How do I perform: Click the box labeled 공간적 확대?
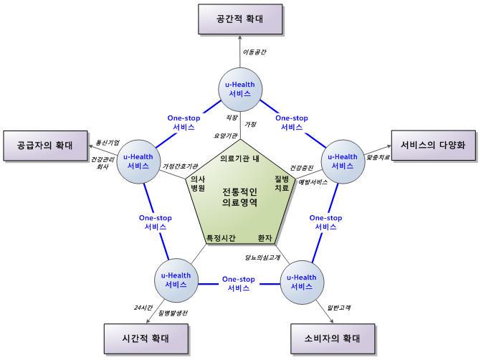click(x=239, y=18)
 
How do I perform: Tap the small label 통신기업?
click(x=108, y=142)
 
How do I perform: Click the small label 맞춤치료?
click(x=378, y=156)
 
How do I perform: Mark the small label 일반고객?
click(x=338, y=307)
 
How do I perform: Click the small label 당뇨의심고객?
click(x=262, y=256)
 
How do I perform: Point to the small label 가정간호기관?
click(x=180, y=166)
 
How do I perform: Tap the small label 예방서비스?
click(x=313, y=181)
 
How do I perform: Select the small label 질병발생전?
click(x=173, y=313)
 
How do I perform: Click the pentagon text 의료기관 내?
click(x=239, y=158)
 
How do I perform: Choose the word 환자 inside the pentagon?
click(x=265, y=237)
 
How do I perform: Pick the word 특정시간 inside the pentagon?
click(x=221, y=237)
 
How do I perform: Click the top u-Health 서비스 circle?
click(x=239, y=90)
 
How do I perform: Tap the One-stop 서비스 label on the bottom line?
click(x=239, y=283)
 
